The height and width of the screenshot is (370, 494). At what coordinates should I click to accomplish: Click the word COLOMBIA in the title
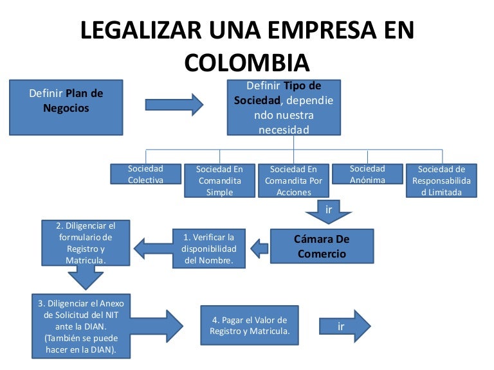click(247, 62)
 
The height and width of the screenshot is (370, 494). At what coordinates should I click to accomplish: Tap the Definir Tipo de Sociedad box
click(284, 107)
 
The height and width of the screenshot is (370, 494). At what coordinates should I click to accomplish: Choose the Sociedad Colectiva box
click(145, 174)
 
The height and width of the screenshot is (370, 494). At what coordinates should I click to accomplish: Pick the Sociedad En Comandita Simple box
click(219, 181)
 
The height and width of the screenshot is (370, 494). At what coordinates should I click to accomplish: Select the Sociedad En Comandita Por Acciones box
click(293, 181)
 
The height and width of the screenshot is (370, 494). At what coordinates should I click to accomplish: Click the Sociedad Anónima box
click(367, 174)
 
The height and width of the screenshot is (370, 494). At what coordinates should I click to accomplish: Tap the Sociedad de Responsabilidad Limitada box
click(441, 181)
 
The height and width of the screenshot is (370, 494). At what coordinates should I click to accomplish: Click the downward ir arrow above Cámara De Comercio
click(329, 212)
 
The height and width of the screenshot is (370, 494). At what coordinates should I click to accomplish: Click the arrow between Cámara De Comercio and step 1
click(259, 247)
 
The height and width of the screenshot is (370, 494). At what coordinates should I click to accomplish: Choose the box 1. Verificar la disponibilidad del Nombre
click(210, 248)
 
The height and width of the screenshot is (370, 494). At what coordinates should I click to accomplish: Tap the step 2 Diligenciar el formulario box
click(86, 243)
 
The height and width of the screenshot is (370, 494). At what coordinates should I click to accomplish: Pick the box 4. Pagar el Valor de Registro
click(250, 326)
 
